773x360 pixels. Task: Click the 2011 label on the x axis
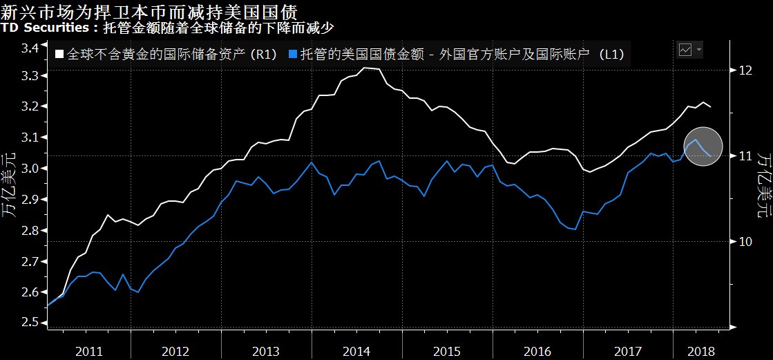click(90, 350)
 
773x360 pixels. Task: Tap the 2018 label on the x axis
click(701, 350)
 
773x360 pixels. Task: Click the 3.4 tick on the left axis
click(29, 48)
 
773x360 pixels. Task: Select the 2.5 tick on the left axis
click(29, 323)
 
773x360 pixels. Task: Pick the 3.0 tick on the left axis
click(29, 169)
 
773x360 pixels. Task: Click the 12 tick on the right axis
click(744, 70)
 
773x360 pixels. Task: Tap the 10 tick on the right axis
click(744, 242)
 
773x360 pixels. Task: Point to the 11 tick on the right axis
click(743, 155)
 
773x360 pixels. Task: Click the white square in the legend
click(59, 55)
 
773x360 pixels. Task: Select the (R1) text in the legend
click(264, 55)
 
